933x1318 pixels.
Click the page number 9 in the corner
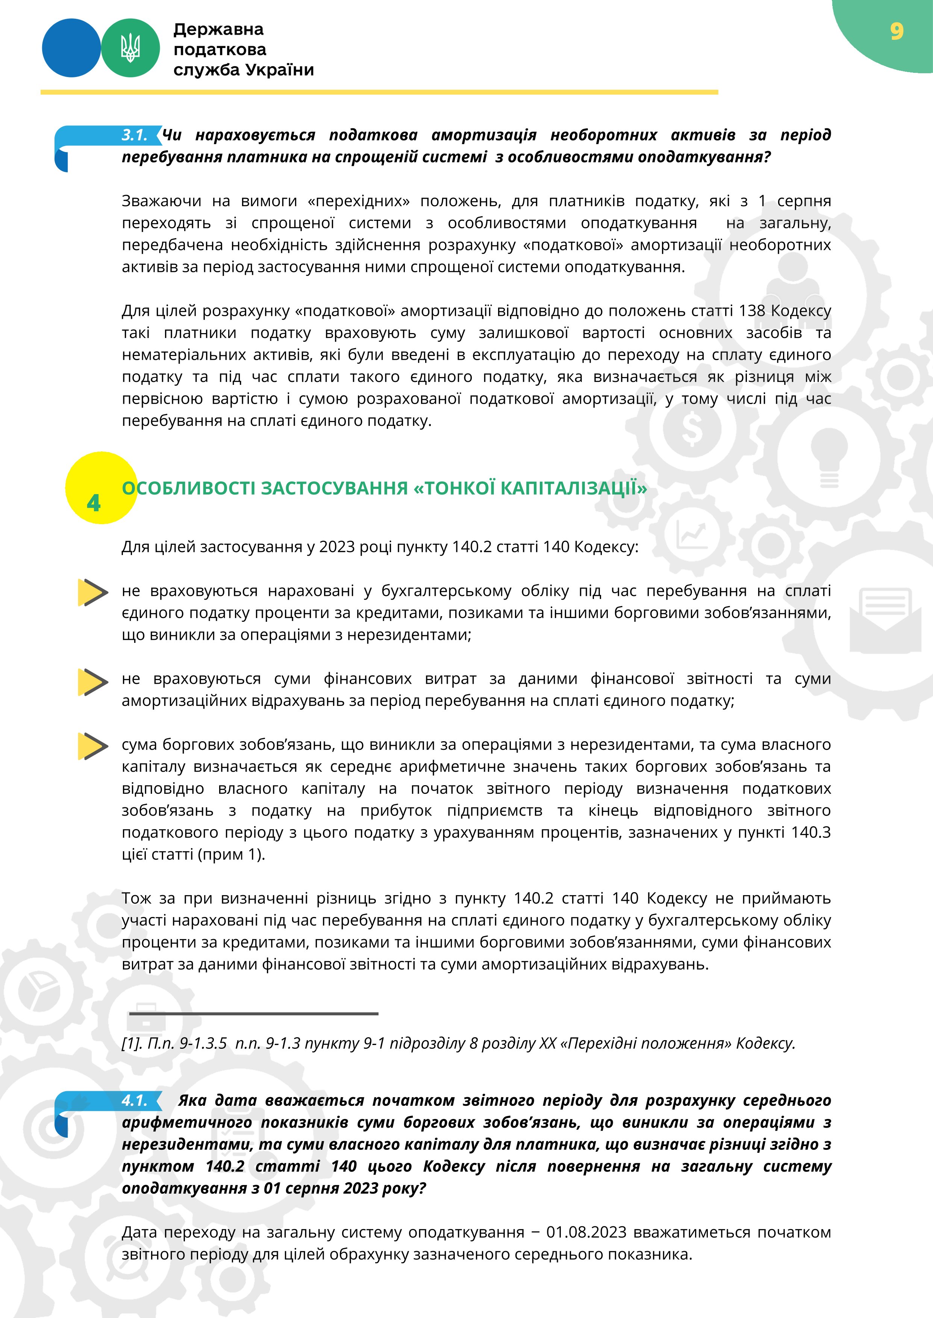pos(896,31)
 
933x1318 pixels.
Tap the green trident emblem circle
pos(130,48)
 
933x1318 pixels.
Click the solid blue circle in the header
pos(71,48)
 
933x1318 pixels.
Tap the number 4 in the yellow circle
pos(94,504)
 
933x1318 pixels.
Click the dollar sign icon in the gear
pos(692,430)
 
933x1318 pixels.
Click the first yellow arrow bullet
pos(92,593)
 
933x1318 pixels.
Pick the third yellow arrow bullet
pos(92,746)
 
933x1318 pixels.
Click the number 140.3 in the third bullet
pos(810,832)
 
